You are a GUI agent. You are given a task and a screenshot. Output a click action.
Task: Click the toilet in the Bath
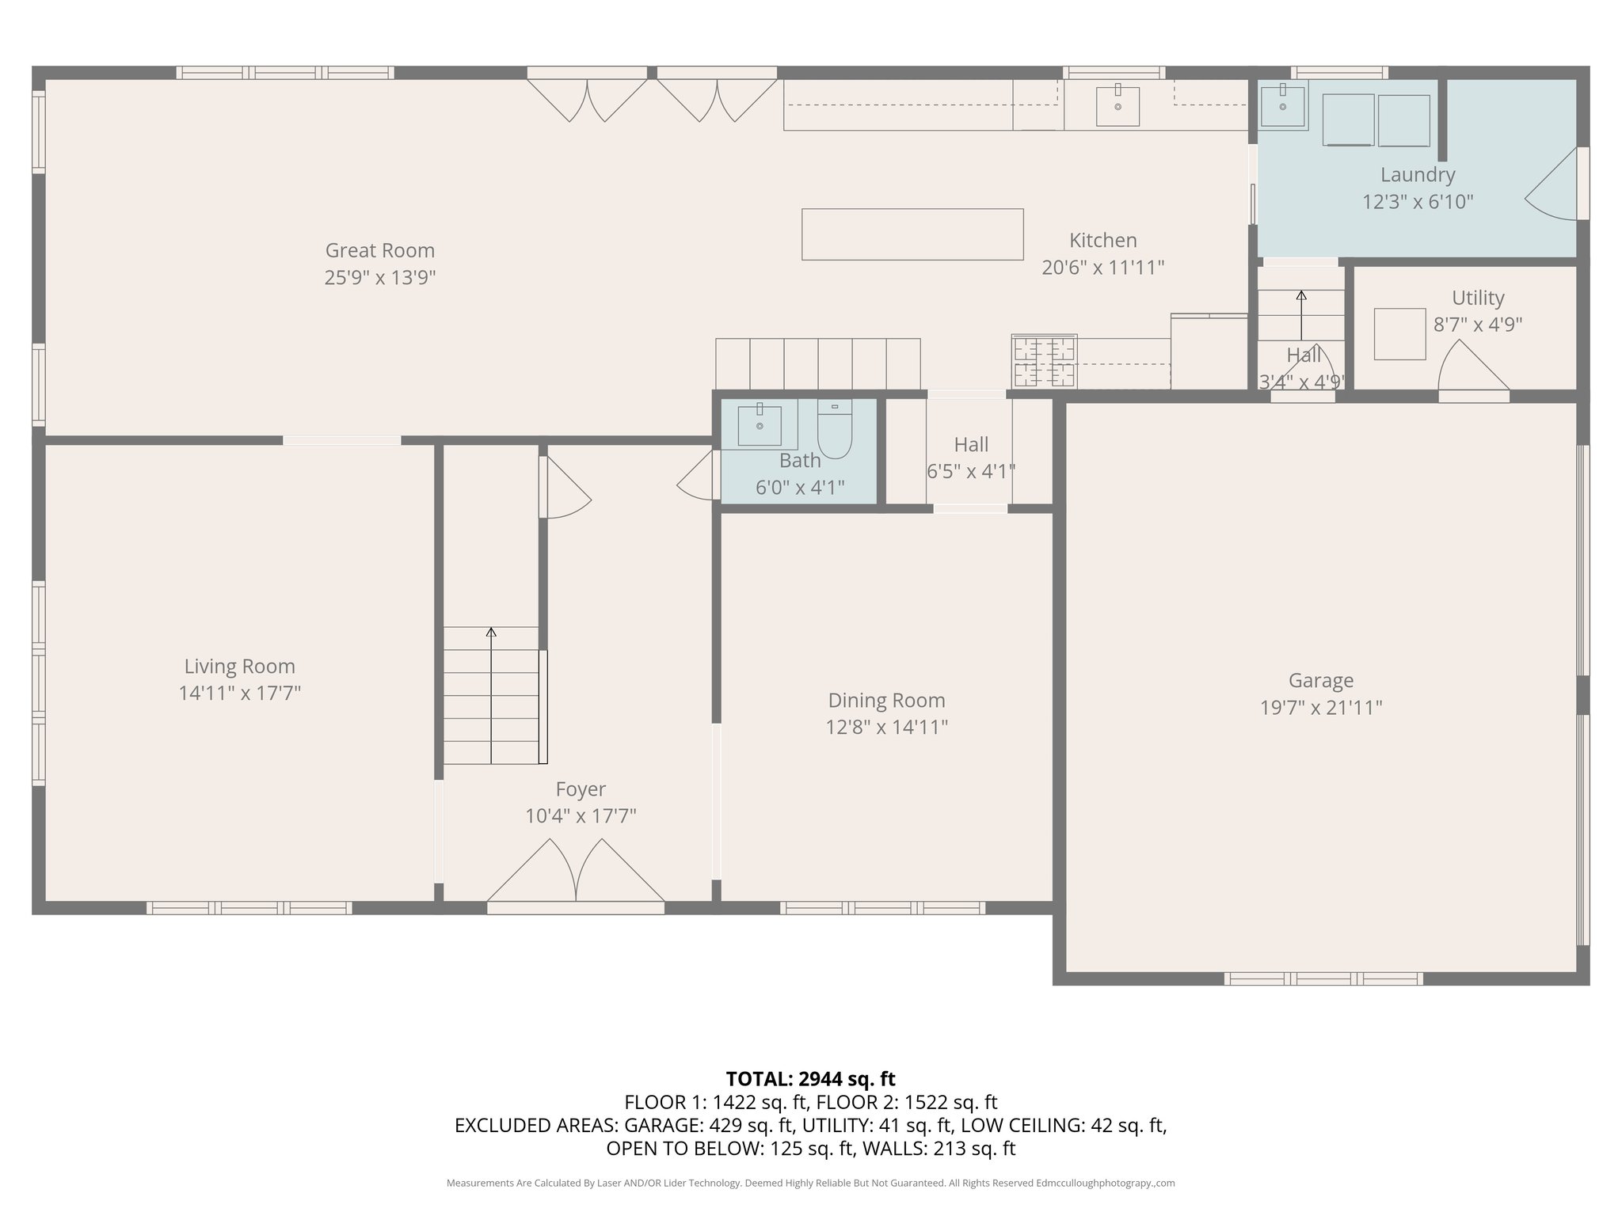834,429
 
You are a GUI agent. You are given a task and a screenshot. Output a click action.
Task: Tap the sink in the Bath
760,425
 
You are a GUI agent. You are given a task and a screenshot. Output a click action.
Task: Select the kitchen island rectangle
912,234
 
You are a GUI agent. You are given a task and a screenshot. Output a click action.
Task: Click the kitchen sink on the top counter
1118,106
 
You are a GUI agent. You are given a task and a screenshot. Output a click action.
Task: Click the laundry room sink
1282,105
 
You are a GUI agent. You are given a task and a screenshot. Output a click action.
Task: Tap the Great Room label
380,250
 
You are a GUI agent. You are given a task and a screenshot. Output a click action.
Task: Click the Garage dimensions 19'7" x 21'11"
1321,707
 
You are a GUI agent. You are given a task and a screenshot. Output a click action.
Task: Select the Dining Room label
886,700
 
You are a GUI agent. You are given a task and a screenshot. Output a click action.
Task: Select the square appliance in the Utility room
1400,334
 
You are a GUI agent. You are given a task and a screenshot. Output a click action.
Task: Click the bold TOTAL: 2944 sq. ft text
810,1078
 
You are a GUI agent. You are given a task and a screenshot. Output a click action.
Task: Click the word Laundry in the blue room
1418,175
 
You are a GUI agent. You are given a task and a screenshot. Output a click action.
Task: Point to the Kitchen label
1103,240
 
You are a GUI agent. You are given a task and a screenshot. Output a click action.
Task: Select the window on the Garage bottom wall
1323,978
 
